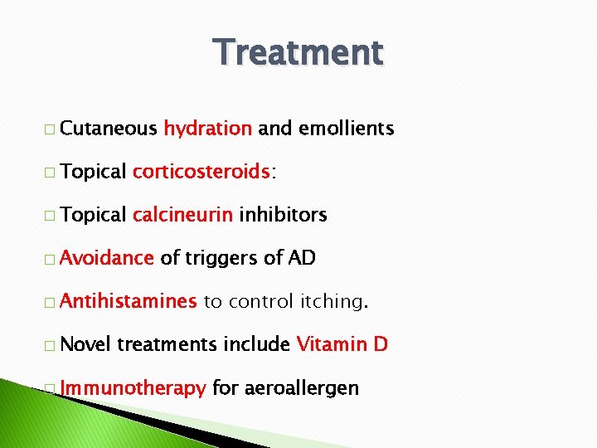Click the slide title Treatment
click(x=298, y=52)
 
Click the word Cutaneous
click(x=109, y=129)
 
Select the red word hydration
click(x=207, y=129)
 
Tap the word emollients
click(x=346, y=129)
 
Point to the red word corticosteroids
click(x=201, y=172)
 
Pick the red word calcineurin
click(x=182, y=215)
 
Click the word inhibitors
click(x=283, y=215)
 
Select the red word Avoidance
click(x=107, y=258)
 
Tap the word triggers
click(x=221, y=259)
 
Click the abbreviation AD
click(x=302, y=258)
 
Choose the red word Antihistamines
click(x=129, y=301)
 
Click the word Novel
click(x=85, y=344)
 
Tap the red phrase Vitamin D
click(x=342, y=344)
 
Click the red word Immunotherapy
click(x=133, y=388)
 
